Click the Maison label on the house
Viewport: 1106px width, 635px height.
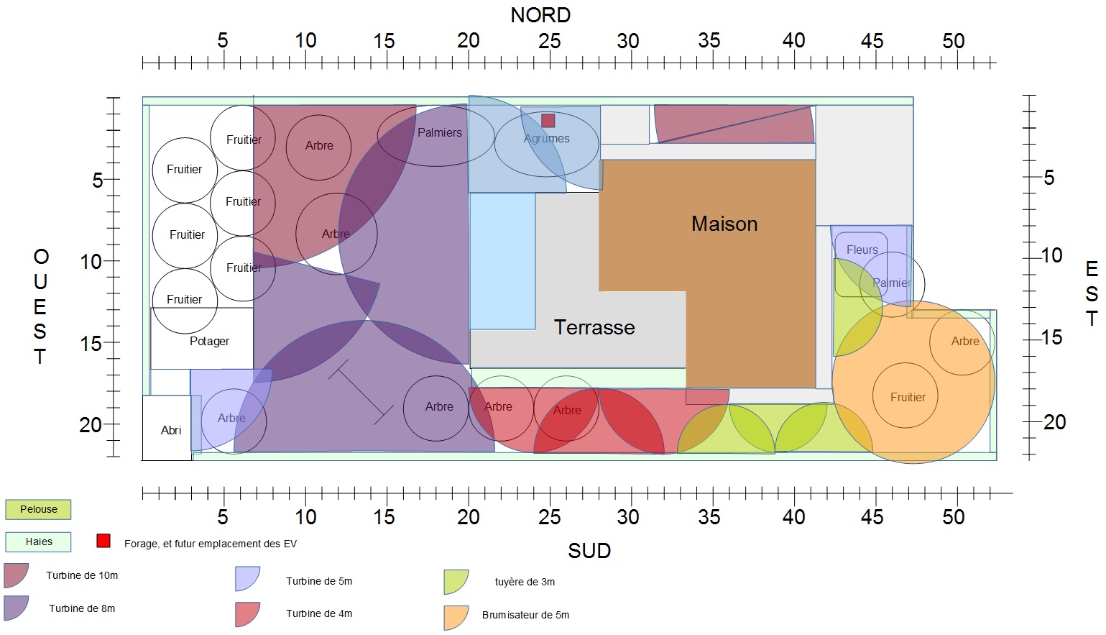(x=724, y=224)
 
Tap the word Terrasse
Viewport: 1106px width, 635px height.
(x=594, y=327)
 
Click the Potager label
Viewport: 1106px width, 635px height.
(x=209, y=341)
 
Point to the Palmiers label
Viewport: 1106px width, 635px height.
(x=440, y=132)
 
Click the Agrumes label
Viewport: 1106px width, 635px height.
(x=547, y=138)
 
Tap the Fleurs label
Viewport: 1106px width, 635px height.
(x=862, y=250)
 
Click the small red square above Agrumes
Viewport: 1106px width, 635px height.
(x=548, y=120)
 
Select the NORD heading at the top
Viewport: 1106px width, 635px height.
(x=540, y=15)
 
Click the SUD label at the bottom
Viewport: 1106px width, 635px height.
(x=589, y=551)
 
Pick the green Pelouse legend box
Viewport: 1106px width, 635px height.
(x=39, y=509)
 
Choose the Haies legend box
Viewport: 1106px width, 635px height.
(x=39, y=542)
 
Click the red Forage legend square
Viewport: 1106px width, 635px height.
(x=103, y=541)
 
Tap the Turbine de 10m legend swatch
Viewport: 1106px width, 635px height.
(x=16, y=575)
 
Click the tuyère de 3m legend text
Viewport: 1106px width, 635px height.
(x=525, y=582)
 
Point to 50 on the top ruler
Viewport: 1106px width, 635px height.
(x=954, y=41)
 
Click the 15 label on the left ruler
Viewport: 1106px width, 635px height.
(x=91, y=344)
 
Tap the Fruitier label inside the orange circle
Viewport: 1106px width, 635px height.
(x=908, y=397)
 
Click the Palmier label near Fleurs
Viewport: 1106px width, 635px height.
(x=892, y=283)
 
